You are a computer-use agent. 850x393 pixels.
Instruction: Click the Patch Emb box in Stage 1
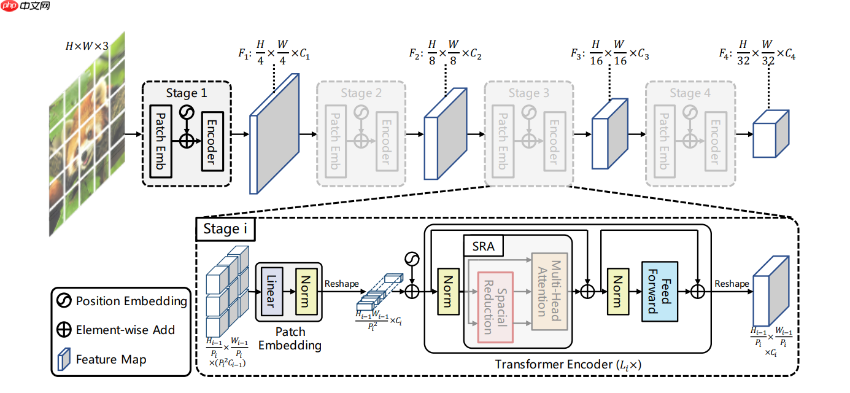(x=160, y=141)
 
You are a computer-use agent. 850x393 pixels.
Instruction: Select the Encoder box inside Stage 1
(x=211, y=141)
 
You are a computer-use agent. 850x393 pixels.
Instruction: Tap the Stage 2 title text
(x=361, y=93)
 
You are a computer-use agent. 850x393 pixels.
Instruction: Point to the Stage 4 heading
(x=690, y=93)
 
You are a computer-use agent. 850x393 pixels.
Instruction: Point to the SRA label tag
(x=483, y=246)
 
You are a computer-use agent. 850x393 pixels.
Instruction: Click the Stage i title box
(x=226, y=230)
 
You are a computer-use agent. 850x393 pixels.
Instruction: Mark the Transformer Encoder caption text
(x=568, y=364)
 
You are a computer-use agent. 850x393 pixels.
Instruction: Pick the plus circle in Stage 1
(x=186, y=141)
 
